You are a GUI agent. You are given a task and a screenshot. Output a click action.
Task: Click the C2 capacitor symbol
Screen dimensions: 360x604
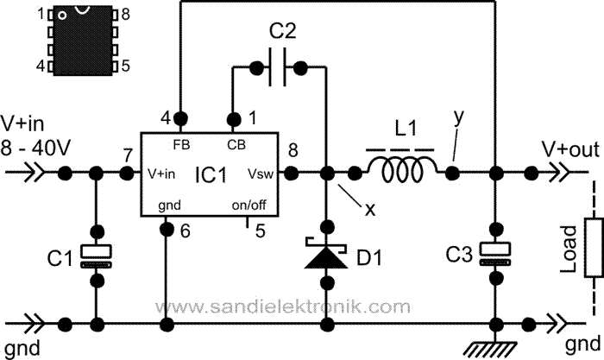281,65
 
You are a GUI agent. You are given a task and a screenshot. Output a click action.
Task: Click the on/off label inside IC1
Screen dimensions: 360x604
256,205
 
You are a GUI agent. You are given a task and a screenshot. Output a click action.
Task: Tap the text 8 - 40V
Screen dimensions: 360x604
37,148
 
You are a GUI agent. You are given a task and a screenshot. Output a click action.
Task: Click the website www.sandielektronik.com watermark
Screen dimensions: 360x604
281,306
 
